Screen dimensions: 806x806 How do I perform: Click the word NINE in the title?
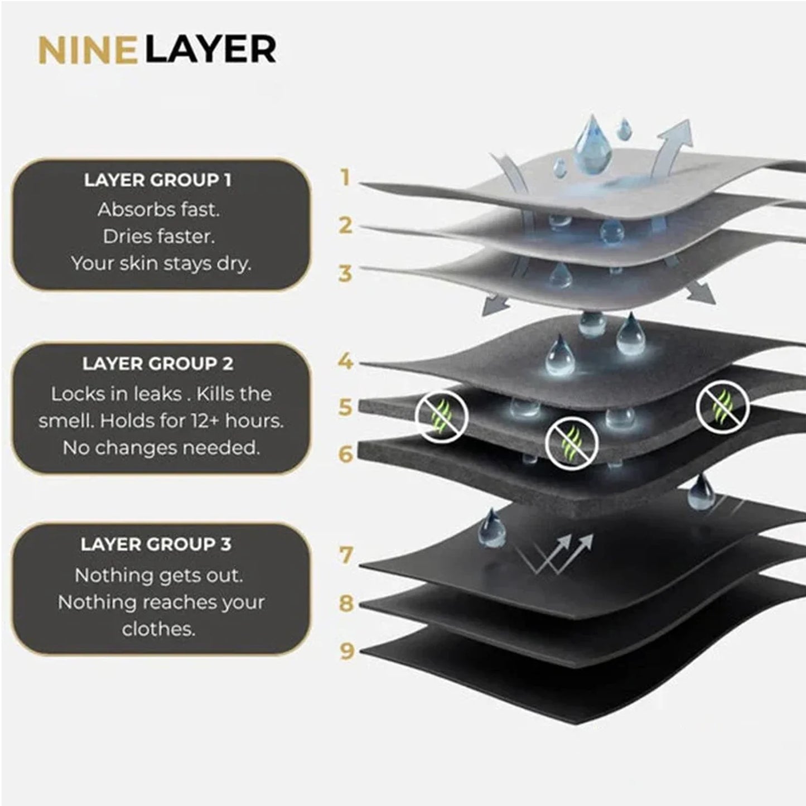click(x=88, y=50)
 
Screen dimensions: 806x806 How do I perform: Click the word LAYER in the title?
click(x=211, y=50)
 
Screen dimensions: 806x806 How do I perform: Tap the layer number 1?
click(x=345, y=178)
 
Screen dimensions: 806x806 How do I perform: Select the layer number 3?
click(x=345, y=273)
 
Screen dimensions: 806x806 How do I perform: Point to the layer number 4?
click(x=346, y=361)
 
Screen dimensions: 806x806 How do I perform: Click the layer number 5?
click(x=345, y=407)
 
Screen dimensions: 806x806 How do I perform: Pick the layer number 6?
click(x=346, y=454)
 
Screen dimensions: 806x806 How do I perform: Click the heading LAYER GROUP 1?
click(x=158, y=181)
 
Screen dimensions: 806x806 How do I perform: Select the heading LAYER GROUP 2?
click(x=158, y=364)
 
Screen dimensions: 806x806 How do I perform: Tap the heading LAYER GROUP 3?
click(x=156, y=544)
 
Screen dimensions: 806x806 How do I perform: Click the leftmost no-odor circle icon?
click(x=441, y=416)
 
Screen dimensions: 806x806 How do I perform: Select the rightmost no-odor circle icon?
click(x=722, y=406)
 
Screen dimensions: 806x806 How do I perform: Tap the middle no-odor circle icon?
click(x=572, y=443)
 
